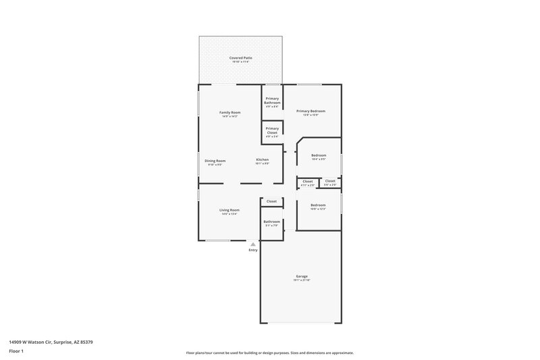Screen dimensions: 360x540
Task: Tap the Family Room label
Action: [x=230, y=112]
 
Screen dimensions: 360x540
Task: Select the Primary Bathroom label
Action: [x=272, y=101]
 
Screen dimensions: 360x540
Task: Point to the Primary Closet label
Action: [x=272, y=130]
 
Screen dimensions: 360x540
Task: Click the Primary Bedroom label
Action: [x=310, y=111]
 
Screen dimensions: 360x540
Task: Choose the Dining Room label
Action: [x=215, y=161]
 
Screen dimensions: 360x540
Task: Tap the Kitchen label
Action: [x=262, y=160]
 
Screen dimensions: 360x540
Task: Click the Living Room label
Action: [x=230, y=210]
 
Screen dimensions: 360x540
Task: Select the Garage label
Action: [x=302, y=276]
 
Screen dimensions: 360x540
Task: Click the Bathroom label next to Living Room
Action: [x=271, y=222]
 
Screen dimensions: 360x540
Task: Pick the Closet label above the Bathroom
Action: [x=271, y=201]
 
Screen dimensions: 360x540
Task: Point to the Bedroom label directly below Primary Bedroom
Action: [x=319, y=155]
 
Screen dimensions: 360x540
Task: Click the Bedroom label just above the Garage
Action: [x=318, y=205]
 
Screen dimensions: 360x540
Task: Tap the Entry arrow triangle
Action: [x=253, y=245]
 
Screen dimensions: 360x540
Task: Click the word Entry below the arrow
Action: [x=253, y=251]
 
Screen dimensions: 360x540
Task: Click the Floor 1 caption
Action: [x=17, y=352]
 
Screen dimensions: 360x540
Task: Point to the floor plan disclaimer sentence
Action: [x=270, y=353]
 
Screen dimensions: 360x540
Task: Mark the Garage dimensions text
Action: [x=302, y=280]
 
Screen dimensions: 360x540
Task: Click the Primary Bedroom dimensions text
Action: [x=310, y=115]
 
